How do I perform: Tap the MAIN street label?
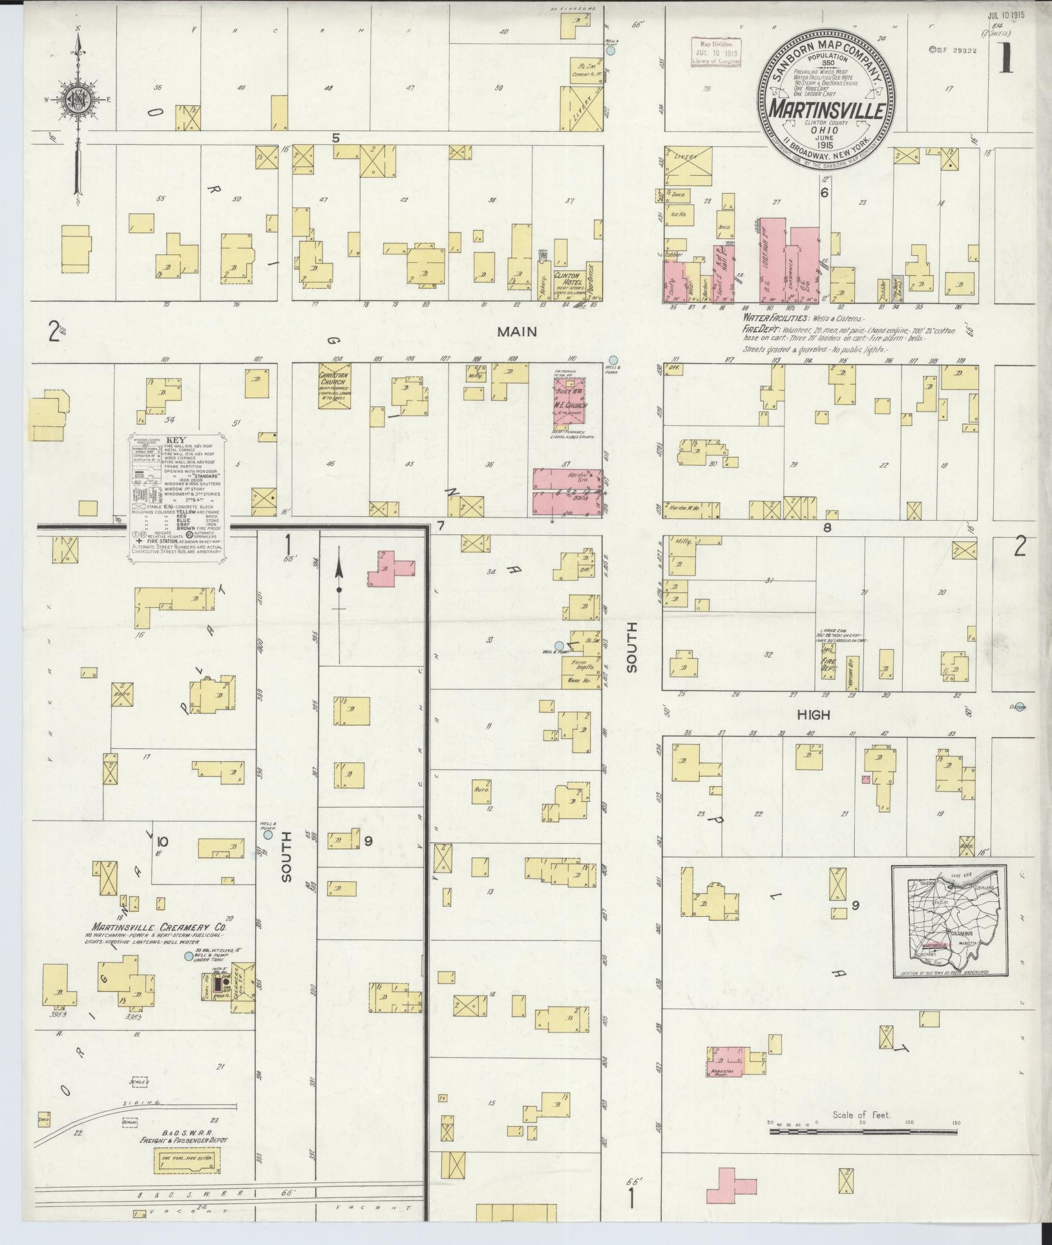click(x=517, y=332)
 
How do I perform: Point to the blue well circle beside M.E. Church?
click(x=613, y=359)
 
